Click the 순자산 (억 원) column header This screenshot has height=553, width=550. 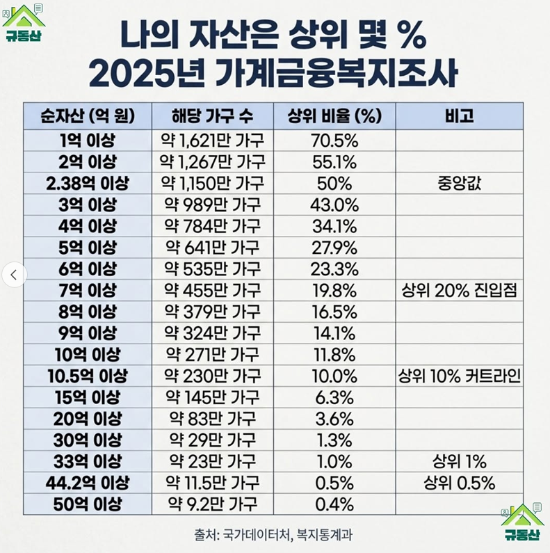(x=88, y=115)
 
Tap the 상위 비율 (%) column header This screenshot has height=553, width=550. (x=334, y=115)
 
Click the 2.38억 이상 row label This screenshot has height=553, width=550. (x=88, y=184)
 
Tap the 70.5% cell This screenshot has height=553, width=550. (x=334, y=142)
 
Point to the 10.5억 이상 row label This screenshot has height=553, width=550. (x=88, y=376)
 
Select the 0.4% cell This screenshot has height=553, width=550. (x=334, y=504)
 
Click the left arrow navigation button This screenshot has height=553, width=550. (x=15, y=274)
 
